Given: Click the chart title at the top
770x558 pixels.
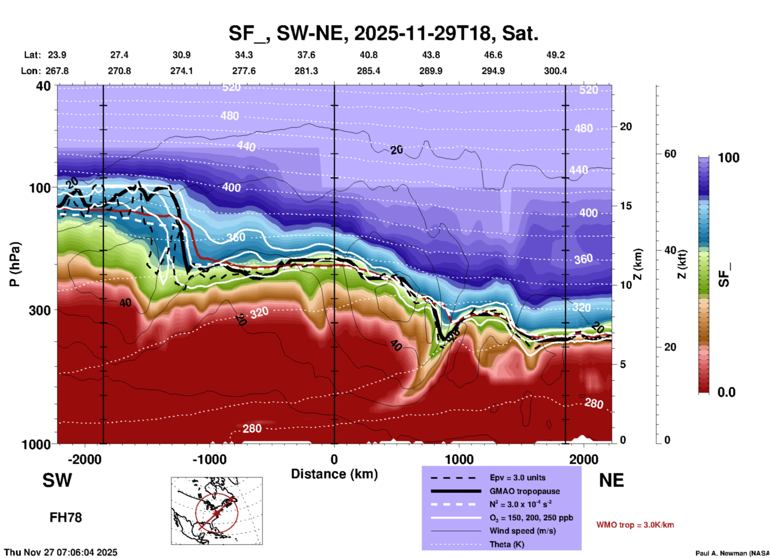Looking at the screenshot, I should point(383,33).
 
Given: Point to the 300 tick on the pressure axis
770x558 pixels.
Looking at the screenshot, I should point(40,310).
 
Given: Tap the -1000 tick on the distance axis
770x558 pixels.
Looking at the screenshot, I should point(209,459).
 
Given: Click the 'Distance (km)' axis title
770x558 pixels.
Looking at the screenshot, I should point(334,474).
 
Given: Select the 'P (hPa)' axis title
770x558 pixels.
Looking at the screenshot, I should point(15,264).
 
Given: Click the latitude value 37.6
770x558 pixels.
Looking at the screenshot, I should point(306,55).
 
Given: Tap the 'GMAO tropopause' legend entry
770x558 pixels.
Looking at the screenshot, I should point(525,491).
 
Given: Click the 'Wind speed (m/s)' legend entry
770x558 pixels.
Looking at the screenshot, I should point(523,531).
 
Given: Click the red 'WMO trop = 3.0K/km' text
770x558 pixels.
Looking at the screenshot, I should point(635,525).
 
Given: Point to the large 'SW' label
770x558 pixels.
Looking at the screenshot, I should point(57,480).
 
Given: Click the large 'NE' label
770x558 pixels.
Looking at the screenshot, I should point(611,480).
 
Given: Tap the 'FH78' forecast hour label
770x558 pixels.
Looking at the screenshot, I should point(66,518).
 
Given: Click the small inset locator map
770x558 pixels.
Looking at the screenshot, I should point(217,510).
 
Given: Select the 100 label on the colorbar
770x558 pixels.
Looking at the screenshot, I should point(728,158).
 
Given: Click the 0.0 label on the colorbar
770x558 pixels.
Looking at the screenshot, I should point(726,392).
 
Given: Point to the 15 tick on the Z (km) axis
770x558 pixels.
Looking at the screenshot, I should point(625,206).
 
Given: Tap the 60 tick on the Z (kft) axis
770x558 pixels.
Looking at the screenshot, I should point(670,154).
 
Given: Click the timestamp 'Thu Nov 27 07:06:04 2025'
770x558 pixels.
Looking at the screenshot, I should point(61,552).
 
